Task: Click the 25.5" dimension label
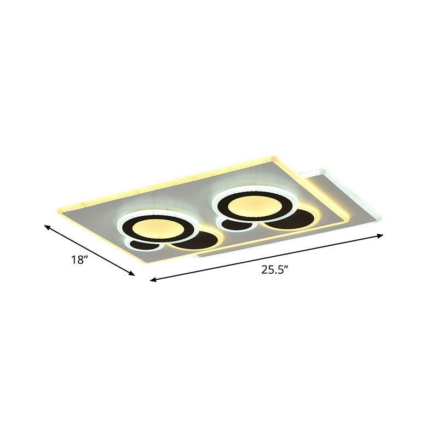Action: click(274, 269)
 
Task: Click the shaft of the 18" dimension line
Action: click(90, 251)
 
